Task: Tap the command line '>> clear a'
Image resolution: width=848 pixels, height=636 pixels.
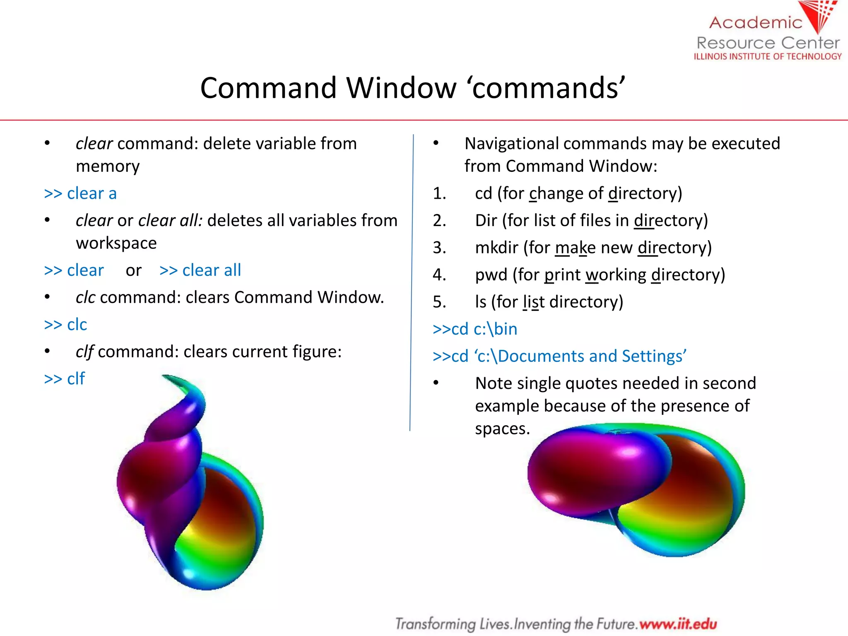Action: [x=80, y=194]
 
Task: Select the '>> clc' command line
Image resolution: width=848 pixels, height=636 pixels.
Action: [x=65, y=325]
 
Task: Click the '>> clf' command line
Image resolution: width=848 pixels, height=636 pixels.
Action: [x=65, y=379]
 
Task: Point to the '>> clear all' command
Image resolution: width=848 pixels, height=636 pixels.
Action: [x=200, y=270]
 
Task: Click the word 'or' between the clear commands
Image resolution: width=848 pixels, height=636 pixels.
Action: [x=133, y=270]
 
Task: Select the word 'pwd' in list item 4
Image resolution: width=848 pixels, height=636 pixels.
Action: [x=491, y=275]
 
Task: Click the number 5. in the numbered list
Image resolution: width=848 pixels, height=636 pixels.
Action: [x=439, y=302]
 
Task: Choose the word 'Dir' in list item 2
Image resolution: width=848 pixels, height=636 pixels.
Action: [x=486, y=221]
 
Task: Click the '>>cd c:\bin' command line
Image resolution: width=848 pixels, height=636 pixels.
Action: [x=475, y=329]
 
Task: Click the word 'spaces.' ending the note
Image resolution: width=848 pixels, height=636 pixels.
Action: [x=502, y=429]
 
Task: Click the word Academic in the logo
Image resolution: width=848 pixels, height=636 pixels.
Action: [x=755, y=22]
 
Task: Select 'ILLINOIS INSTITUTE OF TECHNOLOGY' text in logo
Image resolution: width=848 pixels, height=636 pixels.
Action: [x=767, y=57]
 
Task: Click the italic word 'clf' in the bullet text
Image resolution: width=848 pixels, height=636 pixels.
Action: [x=84, y=352]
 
